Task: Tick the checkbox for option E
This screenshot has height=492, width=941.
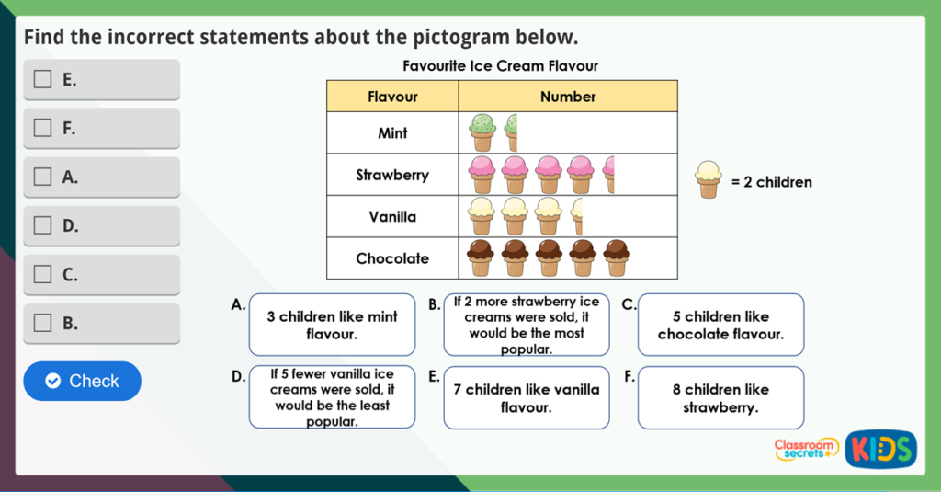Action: (x=42, y=79)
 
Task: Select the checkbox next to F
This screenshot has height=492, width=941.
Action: (x=42, y=128)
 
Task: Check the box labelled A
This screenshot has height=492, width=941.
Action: (x=42, y=177)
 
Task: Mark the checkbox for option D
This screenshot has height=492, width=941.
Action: (x=42, y=225)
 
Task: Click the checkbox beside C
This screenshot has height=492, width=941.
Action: (x=42, y=274)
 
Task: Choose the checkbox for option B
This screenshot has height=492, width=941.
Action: (x=42, y=323)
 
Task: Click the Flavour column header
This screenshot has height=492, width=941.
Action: (x=392, y=97)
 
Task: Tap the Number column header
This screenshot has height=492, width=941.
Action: (x=567, y=97)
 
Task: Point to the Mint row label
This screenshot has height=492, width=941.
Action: (x=392, y=133)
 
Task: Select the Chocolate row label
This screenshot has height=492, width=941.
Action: (x=392, y=258)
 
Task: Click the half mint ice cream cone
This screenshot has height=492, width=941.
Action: (x=512, y=132)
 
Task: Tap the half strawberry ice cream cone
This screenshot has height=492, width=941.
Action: (x=608, y=174)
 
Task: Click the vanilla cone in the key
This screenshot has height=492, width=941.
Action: (x=708, y=180)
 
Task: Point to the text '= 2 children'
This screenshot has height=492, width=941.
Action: (x=771, y=182)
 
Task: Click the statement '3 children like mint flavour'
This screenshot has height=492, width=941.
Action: (x=332, y=325)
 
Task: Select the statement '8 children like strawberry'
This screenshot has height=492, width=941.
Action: (x=720, y=398)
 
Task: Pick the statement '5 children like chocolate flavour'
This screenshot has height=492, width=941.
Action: (x=720, y=325)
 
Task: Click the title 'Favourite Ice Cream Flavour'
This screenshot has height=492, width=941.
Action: (x=501, y=66)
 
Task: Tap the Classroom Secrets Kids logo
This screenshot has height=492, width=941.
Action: (x=845, y=448)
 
